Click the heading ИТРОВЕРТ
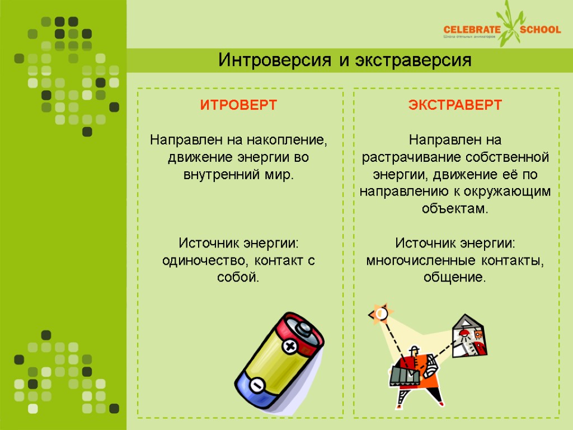click(239, 105)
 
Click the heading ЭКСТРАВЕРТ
click(455, 105)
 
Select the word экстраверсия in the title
click(414, 60)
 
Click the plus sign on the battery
click(290, 347)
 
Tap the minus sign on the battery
click(257, 386)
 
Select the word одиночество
click(205, 260)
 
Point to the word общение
click(455, 277)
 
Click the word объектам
click(455, 209)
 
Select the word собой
click(238, 277)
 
